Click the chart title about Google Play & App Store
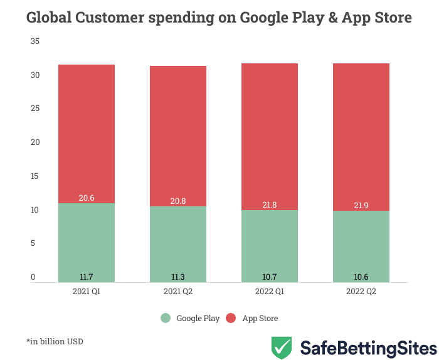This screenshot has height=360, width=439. pos(219,18)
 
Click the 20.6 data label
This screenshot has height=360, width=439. pos(87,198)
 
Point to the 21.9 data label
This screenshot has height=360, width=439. pos(361,205)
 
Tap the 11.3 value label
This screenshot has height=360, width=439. pos(178,277)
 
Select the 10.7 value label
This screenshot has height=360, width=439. pos(270,277)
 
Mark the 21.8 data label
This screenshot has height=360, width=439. pos(270,204)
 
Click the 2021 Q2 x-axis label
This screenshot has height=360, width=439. pos(178,292)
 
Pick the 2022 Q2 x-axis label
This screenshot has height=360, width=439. pos(361,292)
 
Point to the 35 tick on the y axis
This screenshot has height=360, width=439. pos(35,41)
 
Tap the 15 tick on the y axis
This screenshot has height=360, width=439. pos(35,176)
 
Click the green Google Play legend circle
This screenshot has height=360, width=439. pos(166,318)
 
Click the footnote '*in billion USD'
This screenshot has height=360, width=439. pos(55,342)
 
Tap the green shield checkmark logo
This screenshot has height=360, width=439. pos(281,347)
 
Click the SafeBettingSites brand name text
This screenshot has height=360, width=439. pos(368,348)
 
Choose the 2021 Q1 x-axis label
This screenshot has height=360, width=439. pos(87,292)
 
